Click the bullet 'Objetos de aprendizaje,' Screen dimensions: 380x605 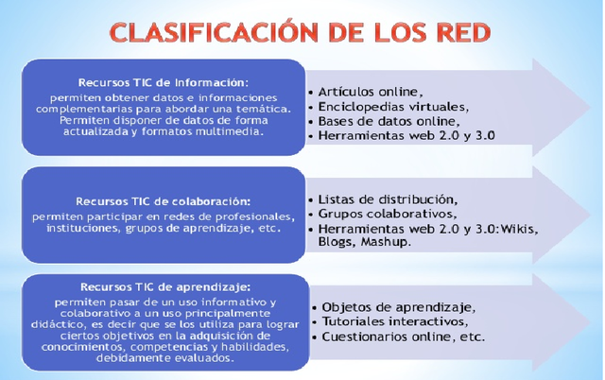point(398,307)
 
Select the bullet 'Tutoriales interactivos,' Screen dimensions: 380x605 point(398,321)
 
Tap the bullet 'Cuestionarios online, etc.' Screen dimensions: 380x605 point(403,337)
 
